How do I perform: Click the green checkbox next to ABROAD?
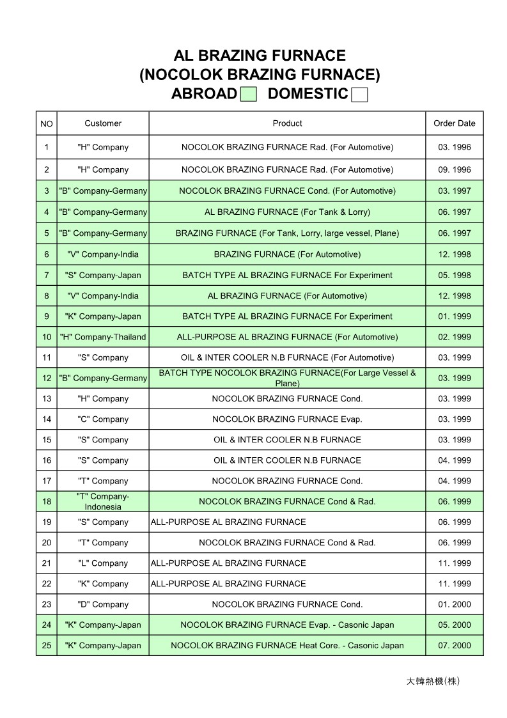(x=249, y=95)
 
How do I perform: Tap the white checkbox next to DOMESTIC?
(x=360, y=95)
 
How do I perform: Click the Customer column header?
(x=103, y=123)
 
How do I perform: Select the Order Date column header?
(x=455, y=123)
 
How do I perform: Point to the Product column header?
(x=287, y=123)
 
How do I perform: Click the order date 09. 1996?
(x=455, y=170)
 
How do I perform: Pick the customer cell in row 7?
(x=103, y=276)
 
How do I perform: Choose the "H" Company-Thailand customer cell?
(x=103, y=337)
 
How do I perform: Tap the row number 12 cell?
(x=47, y=379)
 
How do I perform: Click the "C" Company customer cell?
(x=103, y=419)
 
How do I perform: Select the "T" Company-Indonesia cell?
(x=103, y=502)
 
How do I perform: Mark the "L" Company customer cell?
(x=103, y=563)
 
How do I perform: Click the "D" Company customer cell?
(x=103, y=604)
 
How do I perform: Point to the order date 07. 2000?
(x=455, y=646)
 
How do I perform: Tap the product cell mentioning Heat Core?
(x=287, y=646)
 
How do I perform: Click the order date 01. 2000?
(x=455, y=604)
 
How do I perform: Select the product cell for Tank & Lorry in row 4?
(x=287, y=212)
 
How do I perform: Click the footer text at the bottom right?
(x=433, y=681)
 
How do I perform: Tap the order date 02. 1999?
(x=455, y=337)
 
